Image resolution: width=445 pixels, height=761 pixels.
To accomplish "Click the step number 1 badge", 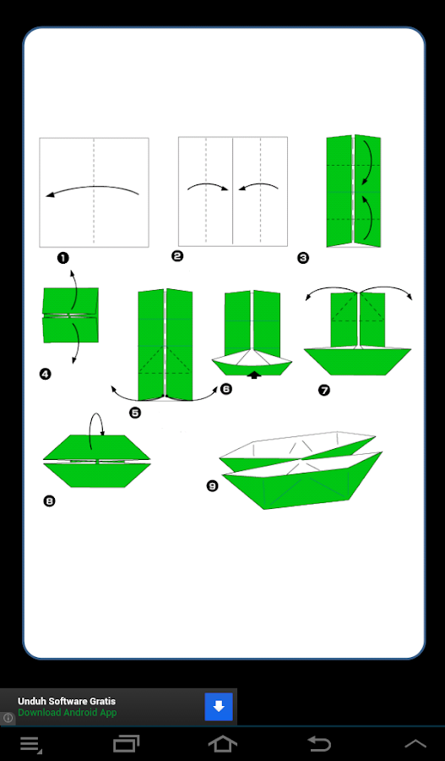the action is coord(62,258).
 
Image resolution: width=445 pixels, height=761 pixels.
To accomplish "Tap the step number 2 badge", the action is coord(177,255).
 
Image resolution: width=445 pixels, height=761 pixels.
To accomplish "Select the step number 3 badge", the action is coord(303,258).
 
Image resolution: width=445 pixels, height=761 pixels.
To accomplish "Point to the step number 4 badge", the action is coord(45,374).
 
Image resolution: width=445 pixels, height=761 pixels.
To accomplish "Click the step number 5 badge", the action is coord(135,413).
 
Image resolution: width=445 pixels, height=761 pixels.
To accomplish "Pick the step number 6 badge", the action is coord(226,389).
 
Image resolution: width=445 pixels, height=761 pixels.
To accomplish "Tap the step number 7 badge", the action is coord(323,390).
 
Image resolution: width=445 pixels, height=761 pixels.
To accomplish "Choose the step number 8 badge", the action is coord(49,501).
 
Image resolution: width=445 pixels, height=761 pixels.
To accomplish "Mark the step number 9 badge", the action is coord(212,485).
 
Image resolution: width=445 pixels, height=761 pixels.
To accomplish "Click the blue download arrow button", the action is coord(219,707).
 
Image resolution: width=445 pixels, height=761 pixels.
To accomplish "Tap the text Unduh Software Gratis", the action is coord(67,701).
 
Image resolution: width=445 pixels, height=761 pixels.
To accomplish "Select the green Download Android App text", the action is coord(68,713).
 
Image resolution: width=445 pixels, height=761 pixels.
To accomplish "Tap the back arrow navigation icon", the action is coord(320,743).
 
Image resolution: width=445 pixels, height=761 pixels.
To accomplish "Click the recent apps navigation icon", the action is coord(126,743).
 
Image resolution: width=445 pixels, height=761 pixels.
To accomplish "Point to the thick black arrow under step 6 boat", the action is coord(254,375).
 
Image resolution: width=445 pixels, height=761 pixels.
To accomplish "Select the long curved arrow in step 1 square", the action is coord(93,189).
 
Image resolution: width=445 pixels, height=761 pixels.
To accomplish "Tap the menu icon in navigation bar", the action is coord(31,744).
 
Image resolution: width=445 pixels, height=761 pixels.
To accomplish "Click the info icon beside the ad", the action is coord(8,718).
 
